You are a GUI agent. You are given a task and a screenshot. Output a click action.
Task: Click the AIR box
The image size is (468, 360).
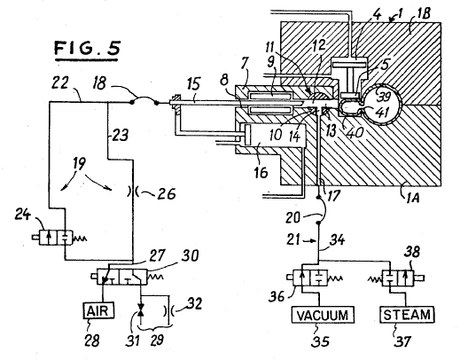click(98, 310)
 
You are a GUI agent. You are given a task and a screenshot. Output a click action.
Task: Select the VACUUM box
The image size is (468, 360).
click(323, 315)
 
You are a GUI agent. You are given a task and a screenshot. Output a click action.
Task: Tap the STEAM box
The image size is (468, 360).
click(407, 315)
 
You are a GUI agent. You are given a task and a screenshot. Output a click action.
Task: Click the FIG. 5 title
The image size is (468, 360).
click(87, 50)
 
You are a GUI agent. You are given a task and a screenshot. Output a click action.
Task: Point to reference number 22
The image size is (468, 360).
click(60, 82)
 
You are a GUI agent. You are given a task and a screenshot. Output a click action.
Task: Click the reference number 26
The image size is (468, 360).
click(166, 193)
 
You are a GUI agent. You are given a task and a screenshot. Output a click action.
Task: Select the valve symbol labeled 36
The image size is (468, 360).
click(315, 278)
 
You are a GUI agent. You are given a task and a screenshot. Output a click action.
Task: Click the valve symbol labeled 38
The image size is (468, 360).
click(396, 278)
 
